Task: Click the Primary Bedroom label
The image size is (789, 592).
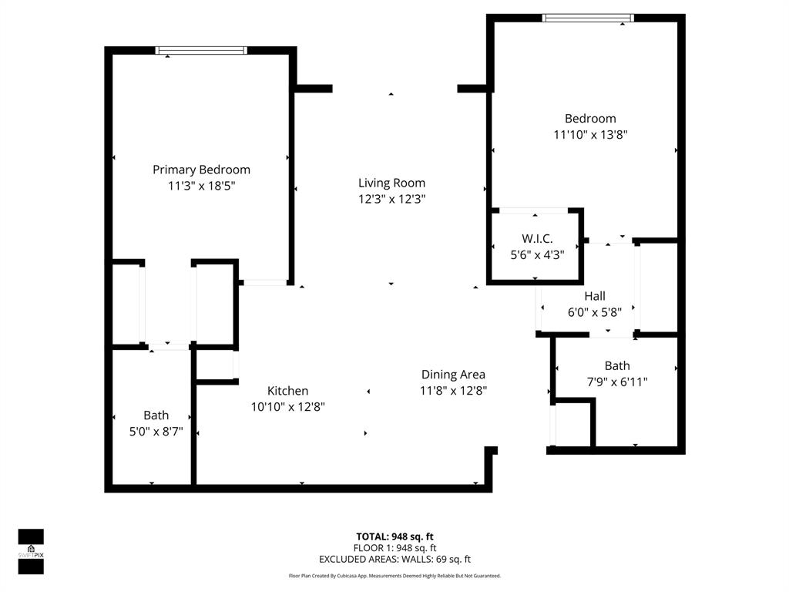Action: click(x=201, y=170)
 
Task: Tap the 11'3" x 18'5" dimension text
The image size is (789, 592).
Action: click(x=201, y=186)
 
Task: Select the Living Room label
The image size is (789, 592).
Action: click(x=391, y=183)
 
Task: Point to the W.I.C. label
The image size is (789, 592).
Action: click(x=537, y=239)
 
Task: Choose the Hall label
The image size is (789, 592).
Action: click(x=594, y=296)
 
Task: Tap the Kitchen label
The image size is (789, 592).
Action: click(x=287, y=391)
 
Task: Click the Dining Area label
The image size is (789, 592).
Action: click(x=453, y=375)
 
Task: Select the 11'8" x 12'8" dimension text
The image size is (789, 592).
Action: click(x=453, y=390)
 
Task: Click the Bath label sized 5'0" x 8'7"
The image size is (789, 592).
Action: click(x=156, y=415)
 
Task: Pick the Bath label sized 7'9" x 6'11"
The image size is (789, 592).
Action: click(x=616, y=365)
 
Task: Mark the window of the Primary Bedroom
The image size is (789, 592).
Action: click(x=201, y=51)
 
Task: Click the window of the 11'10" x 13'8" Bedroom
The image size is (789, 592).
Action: click(x=588, y=18)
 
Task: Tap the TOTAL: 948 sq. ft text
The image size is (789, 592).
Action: click(x=394, y=536)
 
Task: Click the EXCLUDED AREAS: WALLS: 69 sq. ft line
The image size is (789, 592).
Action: click(x=394, y=560)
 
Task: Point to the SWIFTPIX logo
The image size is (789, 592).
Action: click(x=31, y=551)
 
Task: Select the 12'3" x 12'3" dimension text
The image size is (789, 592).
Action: click(x=391, y=199)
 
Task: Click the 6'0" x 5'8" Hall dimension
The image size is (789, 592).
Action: click(x=594, y=311)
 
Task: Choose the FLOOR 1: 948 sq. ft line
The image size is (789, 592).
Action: click(x=394, y=548)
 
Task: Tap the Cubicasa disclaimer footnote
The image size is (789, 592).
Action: click(x=394, y=576)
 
